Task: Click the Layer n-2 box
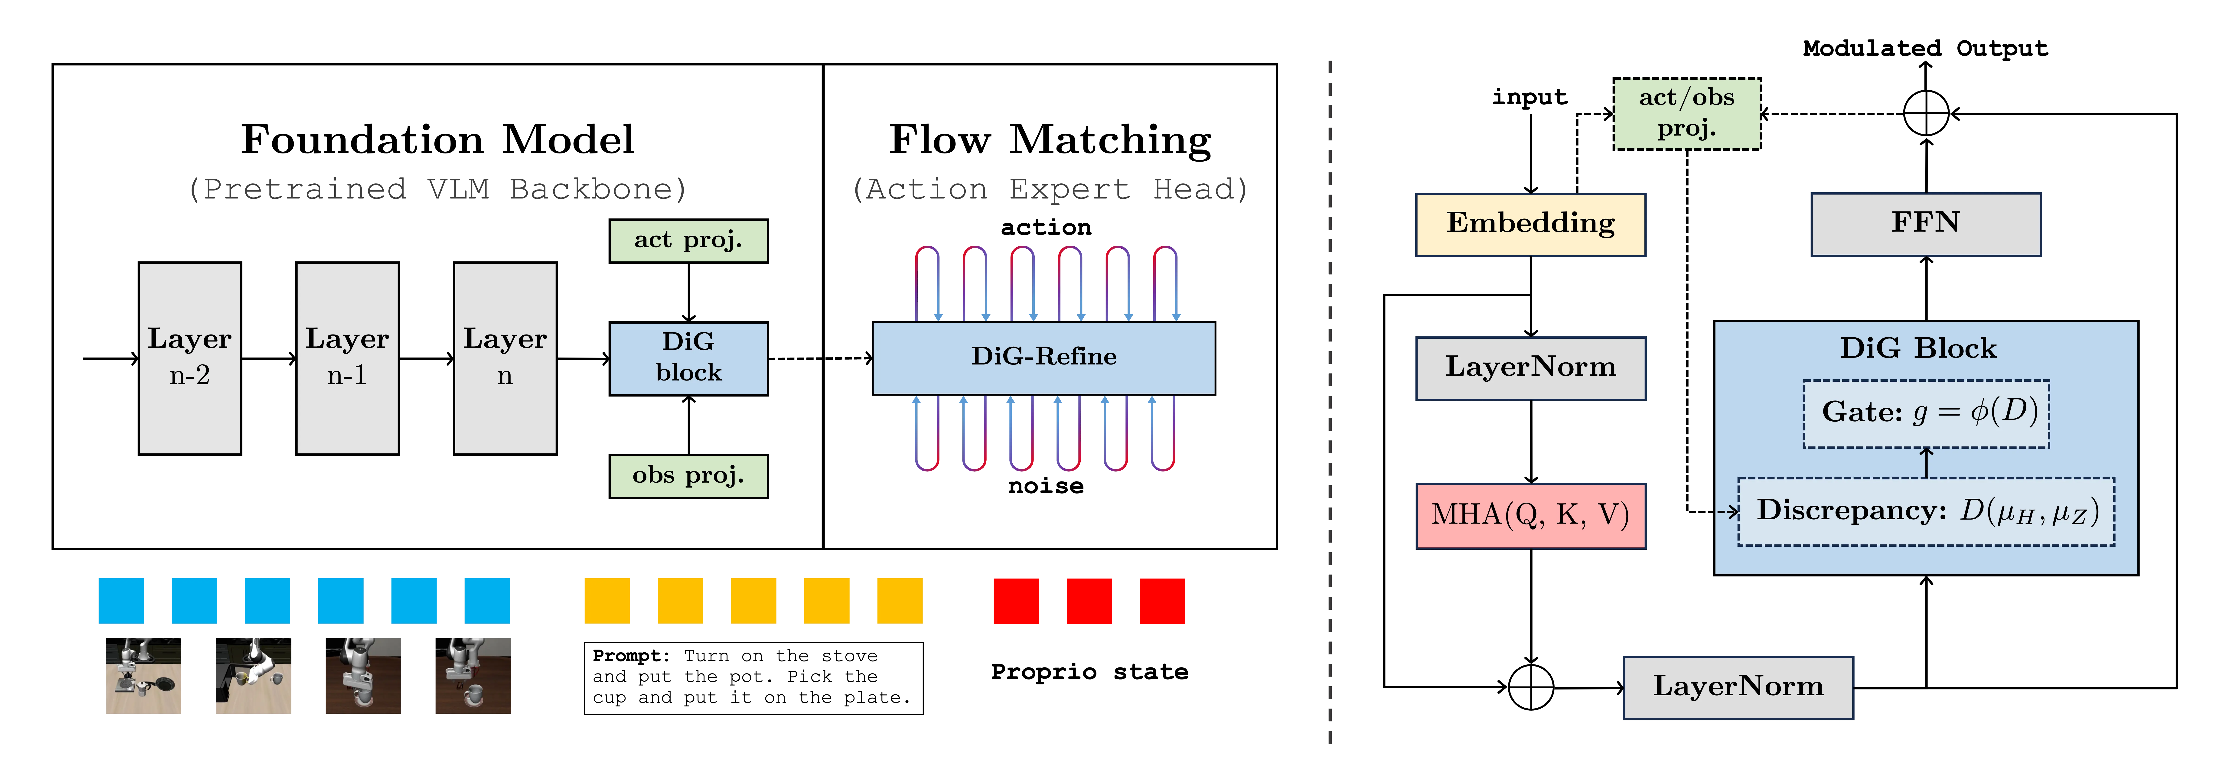pos(189,358)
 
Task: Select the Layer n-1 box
pos(347,358)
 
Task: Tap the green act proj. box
pos(688,241)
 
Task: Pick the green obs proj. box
pos(688,476)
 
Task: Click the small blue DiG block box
pos(688,358)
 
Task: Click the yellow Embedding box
pos(1530,224)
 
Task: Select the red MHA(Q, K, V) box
pos(1530,515)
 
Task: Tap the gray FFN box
pos(1925,224)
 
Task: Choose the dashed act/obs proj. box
pos(1686,114)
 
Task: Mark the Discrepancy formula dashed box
pos(1925,511)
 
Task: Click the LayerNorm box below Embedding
pos(1530,368)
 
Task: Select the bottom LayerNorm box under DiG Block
pos(1738,687)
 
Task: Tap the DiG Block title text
pos(1917,348)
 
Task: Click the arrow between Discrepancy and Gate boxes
pos(1926,463)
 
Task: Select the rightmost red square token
pos(1162,601)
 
